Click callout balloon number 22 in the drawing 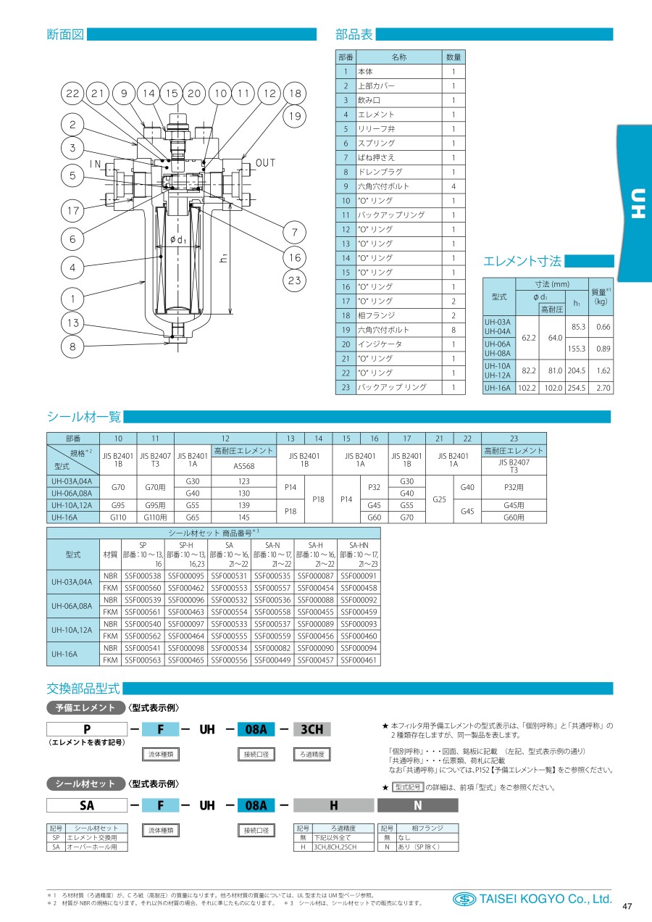(x=73, y=94)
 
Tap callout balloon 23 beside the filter (x=293, y=282)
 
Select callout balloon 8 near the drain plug (x=73, y=346)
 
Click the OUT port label (x=266, y=163)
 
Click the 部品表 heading (x=354, y=34)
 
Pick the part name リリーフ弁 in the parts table (x=375, y=129)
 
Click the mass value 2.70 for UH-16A (x=603, y=388)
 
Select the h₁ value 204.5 (x=577, y=370)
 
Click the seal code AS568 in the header (x=243, y=466)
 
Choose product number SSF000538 (x=143, y=576)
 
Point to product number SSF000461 (x=359, y=660)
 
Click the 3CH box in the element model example (x=312, y=730)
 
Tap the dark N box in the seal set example (x=417, y=805)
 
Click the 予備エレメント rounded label (x=85, y=707)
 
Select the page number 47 (x=627, y=906)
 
